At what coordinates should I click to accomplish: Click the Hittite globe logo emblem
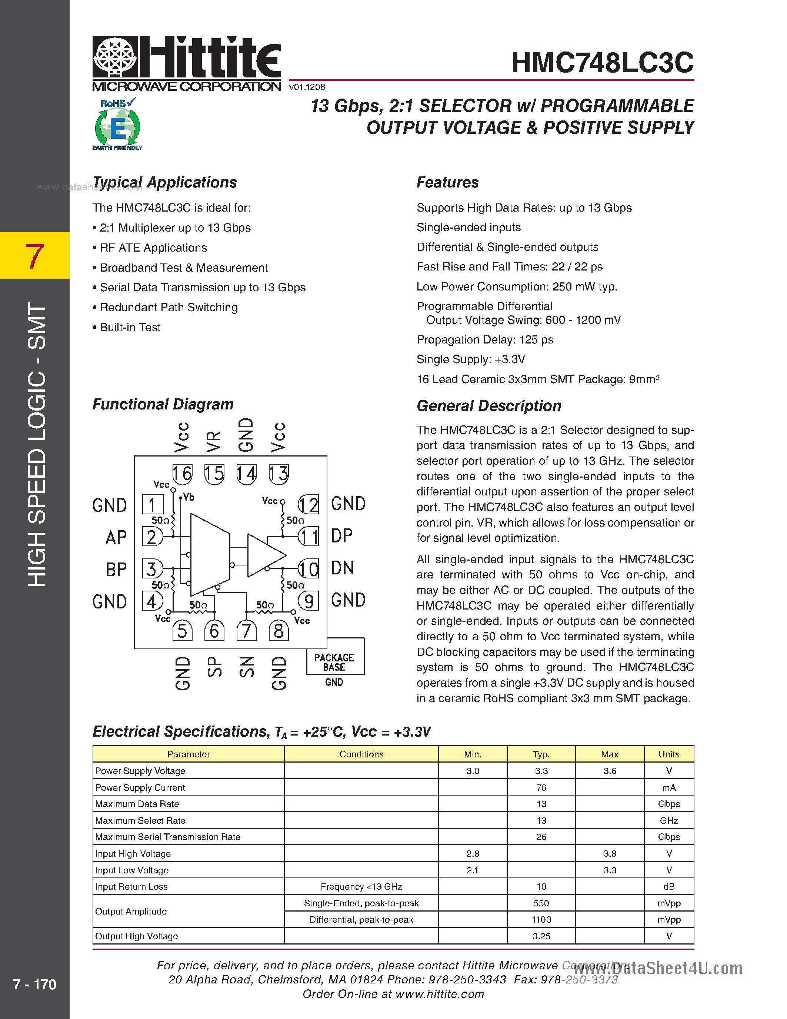[115, 57]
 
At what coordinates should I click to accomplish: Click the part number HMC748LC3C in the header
[602, 63]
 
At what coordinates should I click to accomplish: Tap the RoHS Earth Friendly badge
[117, 124]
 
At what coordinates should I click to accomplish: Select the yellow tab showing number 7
[34, 255]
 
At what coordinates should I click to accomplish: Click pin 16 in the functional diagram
[182, 474]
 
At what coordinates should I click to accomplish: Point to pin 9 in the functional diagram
[308, 601]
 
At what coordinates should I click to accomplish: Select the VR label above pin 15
[214, 441]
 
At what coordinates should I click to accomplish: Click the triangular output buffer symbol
[264, 555]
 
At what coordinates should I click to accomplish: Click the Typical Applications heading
[164, 182]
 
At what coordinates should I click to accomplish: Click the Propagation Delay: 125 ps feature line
[485, 340]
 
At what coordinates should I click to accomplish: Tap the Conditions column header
[361, 754]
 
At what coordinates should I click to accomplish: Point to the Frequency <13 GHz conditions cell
[361, 886]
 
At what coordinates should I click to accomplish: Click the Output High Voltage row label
[137, 936]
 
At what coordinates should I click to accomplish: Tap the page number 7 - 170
[34, 985]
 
